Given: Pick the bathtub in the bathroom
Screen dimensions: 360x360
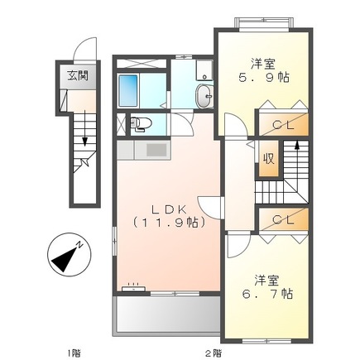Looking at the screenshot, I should coord(129,87).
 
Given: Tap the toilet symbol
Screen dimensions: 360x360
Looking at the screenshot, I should coord(141,125).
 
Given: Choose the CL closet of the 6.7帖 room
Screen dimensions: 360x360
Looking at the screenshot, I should coord(281,219).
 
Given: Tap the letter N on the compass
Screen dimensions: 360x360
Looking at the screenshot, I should coord(78,246).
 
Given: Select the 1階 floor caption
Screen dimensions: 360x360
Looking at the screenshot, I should coord(74,352).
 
